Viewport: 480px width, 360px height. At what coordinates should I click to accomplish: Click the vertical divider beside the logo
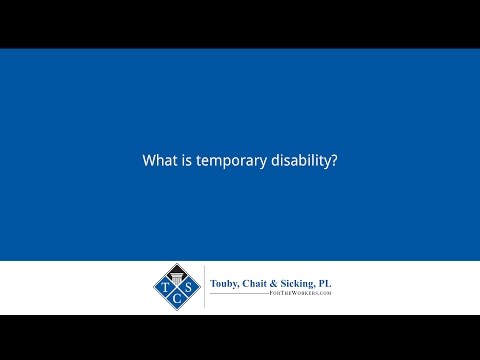(205, 288)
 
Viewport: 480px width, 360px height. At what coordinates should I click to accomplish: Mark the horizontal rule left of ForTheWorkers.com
(240, 296)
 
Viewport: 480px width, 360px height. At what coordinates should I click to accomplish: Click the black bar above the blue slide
(240, 22)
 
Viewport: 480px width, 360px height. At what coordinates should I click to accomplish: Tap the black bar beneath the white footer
(240, 337)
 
